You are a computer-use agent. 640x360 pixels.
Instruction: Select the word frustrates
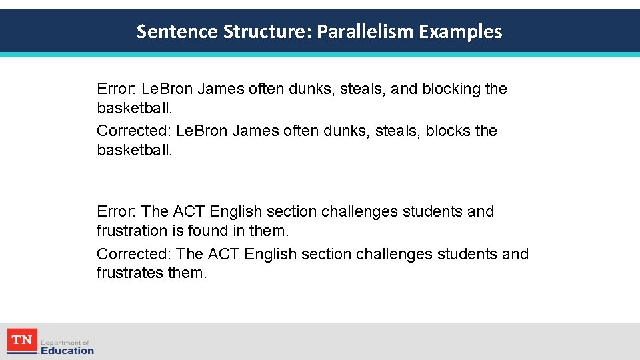coord(137,273)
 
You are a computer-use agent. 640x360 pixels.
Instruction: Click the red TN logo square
coord(22,341)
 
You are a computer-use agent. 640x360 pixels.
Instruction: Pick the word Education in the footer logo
coord(67,351)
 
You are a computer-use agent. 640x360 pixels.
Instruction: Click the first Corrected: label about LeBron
coord(134,131)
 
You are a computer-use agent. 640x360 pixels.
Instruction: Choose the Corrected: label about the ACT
coord(134,254)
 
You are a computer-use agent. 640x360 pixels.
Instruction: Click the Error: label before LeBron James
coord(117,89)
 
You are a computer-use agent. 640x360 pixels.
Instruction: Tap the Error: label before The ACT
coord(117,211)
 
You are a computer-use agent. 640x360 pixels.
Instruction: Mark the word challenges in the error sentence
coord(360,211)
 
